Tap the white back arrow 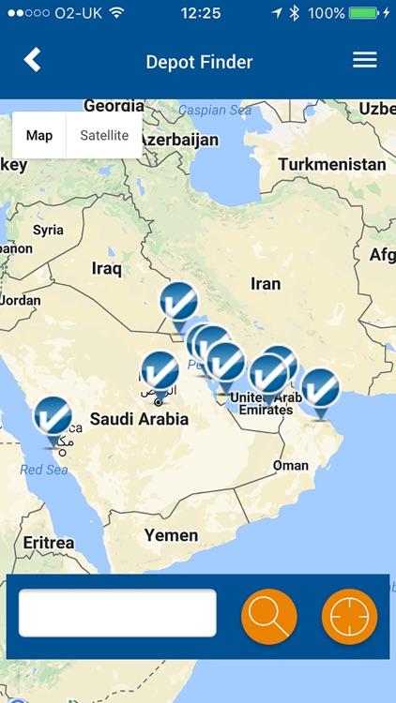coord(33,60)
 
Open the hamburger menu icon coord(364,60)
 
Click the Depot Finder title coord(199,63)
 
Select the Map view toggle coord(39,136)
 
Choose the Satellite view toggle coord(104,136)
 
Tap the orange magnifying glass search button coord(269,616)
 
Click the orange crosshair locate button coord(349,616)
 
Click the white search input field coord(117,613)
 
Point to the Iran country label coord(266,283)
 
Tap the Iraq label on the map coord(107,269)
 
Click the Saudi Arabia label coord(139,419)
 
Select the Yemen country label coord(171,535)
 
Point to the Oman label coord(290,466)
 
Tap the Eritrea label coord(48,543)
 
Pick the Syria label coord(48,230)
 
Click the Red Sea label coord(44,470)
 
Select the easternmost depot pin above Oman coord(320,387)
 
